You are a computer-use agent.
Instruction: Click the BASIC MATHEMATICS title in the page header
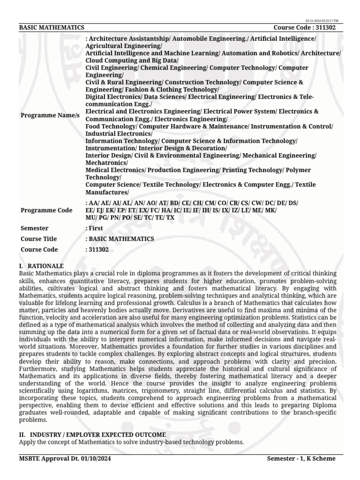pyautogui.click(x=52, y=28)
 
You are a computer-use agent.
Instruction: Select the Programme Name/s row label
pyautogui.click(x=50, y=115)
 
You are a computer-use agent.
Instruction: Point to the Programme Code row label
pyautogui.click(x=46, y=210)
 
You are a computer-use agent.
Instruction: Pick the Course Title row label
pyautogui.click(x=39, y=239)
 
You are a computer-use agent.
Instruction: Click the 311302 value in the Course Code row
pyautogui.click(x=98, y=250)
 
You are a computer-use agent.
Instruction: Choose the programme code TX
pyautogui.click(x=170, y=218)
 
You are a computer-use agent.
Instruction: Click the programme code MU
pyautogui.click(x=90, y=218)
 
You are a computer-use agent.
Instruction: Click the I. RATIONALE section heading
pyautogui.click(x=41, y=266)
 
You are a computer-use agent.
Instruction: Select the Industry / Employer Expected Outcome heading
pyautogui.click(x=92, y=435)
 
